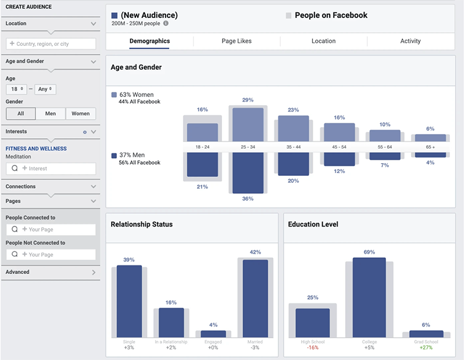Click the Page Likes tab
click(x=237, y=41)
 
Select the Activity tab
click(x=410, y=41)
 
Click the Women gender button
click(x=81, y=114)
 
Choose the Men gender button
click(x=51, y=114)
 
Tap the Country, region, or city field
click(x=51, y=44)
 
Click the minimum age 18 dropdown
click(x=16, y=89)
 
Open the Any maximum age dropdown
click(x=45, y=89)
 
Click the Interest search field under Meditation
click(x=51, y=168)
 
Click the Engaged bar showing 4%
click(x=213, y=334)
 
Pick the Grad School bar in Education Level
click(x=426, y=334)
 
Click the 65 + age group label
click(x=430, y=147)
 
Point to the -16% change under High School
click(x=312, y=348)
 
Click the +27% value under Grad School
click(x=426, y=348)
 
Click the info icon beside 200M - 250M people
click(x=166, y=24)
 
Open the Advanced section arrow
click(x=94, y=272)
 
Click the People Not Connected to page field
click(x=51, y=254)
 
